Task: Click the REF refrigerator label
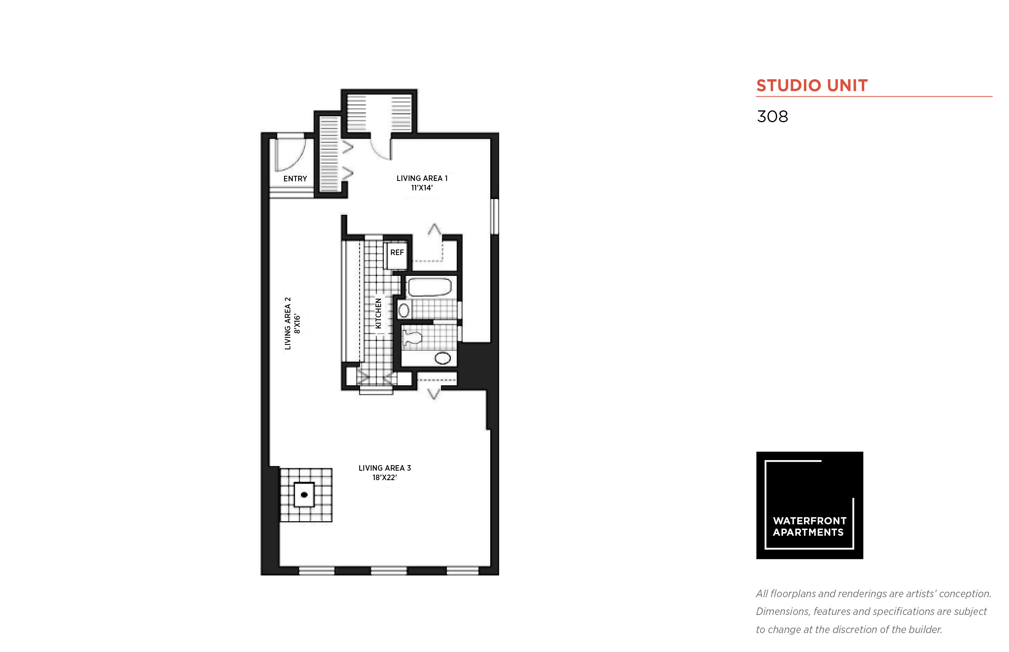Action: (x=397, y=252)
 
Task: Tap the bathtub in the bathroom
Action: (x=430, y=287)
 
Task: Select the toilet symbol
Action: (x=412, y=337)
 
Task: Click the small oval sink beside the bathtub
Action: (x=404, y=310)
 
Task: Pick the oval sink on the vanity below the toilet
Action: (x=443, y=358)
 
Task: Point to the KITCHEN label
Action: (x=378, y=313)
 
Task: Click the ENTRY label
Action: (x=295, y=179)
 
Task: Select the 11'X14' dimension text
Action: (x=422, y=188)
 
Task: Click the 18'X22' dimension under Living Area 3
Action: (x=385, y=478)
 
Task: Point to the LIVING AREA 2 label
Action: (x=288, y=324)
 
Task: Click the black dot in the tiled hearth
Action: (x=304, y=494)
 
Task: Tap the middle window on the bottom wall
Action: (x=389, y=571)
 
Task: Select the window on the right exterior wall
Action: (x=494, y=216)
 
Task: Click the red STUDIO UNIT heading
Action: (x=812, y=86)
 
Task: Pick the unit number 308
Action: (x=772, y=116)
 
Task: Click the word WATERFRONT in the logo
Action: (x=809, y=521)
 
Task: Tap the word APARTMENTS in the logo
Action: (x=808, y=532)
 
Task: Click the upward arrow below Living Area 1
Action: (x=434, y=229)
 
